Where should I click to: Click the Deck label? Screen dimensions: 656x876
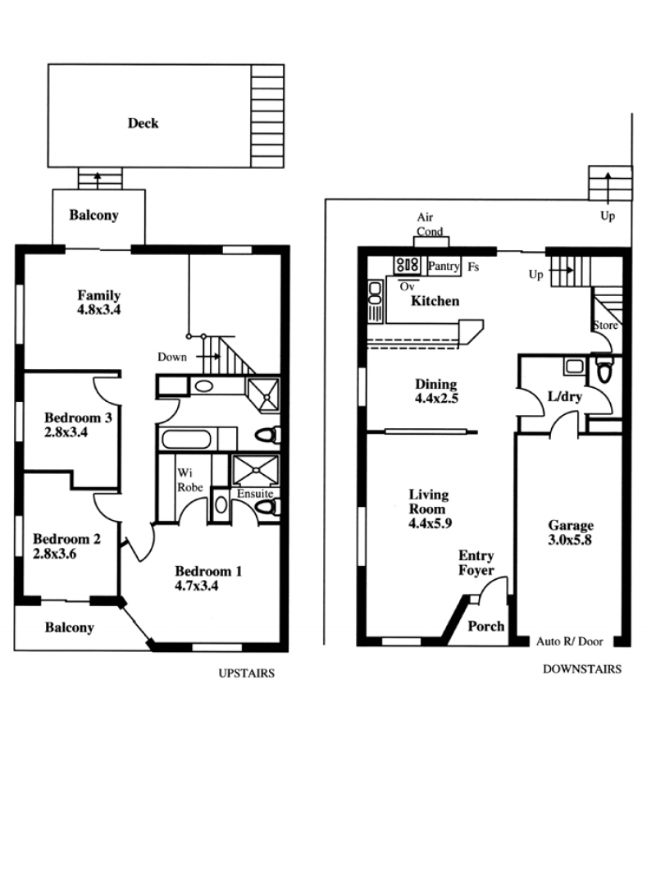point(143,123)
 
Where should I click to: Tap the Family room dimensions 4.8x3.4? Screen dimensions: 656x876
point(99,309)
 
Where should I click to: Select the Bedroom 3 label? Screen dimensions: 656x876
point(78,417)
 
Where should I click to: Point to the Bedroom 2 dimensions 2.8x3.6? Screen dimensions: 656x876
point(55,554)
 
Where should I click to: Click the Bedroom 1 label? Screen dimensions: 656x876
point(208,571)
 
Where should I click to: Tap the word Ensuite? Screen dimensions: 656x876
point(255,493)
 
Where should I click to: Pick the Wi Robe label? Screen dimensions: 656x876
point(189,480)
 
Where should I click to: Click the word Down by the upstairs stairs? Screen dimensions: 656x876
point(172,357)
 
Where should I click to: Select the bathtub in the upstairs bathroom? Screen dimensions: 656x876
point(186,439)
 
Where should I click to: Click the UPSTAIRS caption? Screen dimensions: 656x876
point(246,673)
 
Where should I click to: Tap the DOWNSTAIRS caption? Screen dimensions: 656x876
point(581,668)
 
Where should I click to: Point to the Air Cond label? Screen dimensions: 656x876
point(430,224)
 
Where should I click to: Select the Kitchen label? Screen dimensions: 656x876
point(435,301)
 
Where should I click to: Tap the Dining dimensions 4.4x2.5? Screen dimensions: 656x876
point(436,399)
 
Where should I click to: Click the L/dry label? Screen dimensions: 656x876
point(564,397)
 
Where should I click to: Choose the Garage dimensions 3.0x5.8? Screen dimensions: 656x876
point(569,540)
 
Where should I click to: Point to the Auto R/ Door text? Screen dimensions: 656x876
point(569,641)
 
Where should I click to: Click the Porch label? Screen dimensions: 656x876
point(485,627)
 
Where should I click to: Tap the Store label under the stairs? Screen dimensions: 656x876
point(605,325)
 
